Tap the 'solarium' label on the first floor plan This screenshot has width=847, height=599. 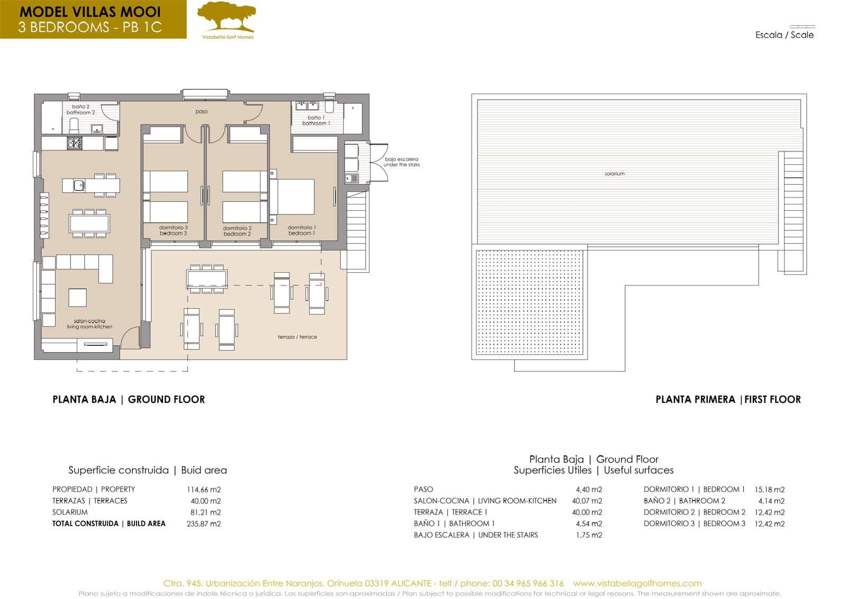pyautogui.click(x=614, y=174)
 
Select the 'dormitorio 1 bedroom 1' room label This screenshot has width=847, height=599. pyautogui.click(x=302, y=230)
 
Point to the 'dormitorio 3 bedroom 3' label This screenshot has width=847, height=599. pyautogui.click(x=174, y=230)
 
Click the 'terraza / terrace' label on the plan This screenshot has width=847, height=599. pyautogui.click(x=297, y=337)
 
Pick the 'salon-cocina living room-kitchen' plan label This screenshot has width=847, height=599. pyautogui.click(x=89, y=324)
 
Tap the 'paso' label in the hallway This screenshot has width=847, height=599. pyautogui.click(x=201, y=112)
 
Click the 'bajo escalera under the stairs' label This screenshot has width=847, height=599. pyautogui.click(x=401, y=162)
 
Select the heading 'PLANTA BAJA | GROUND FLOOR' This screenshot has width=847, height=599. pyautogui.click(x=129, y=399)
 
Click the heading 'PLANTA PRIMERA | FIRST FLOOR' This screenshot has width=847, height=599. pyautogui.click(x=728, y=399)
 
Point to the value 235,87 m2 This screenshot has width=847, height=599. pyautogui.click(x=203, y=524)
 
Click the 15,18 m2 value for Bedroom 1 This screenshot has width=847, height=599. pyautogui.click(x=769, y=489)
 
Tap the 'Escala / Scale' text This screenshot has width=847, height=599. pyautogui.click(x=784, y=35)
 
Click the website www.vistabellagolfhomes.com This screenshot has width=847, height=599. pyautogui.click(x=637, y=583)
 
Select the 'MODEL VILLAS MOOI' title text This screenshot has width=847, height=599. pyautogui.click(x=90, y=12)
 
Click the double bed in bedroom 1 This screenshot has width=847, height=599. pyautogui.click(x=294, y=196)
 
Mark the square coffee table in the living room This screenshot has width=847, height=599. pyautogui.click(x=77, y=297)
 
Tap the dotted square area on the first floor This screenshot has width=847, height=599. pyautogui.click(x=530, y=302)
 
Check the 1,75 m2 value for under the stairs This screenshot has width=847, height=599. pyautogui.click(x=589, y=535)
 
